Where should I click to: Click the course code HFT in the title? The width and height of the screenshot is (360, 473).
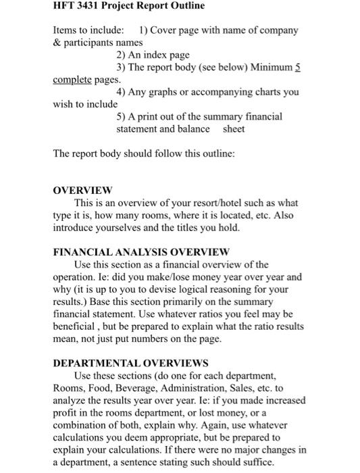(x=65, y=6)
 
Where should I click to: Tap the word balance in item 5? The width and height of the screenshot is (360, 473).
(x=194, y=128)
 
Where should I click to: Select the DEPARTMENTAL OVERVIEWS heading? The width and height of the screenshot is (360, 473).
(x=130, y=363)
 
